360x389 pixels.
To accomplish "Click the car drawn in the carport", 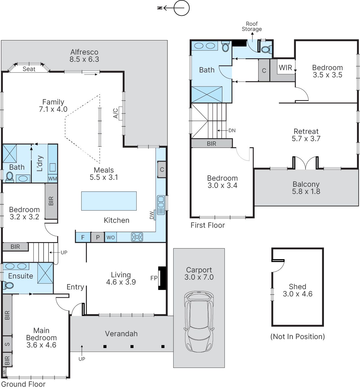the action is pyautogui.click(x=199, y=322).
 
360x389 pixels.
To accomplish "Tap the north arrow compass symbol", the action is pyautogui.click(x=174, y=8).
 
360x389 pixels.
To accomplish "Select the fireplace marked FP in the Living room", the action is pyautogui.click(x=162, y=278).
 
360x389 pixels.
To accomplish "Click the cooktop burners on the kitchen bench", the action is pyautogui.click(x=137, y=237).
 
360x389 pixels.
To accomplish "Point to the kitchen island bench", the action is pyautogui.click(x=109, y=201).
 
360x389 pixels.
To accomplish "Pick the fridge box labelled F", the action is pyautogui.click(x=83, y=237).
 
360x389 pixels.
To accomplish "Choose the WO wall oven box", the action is pyautogui.click(x=111, y=237).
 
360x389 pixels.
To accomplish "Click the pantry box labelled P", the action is pyautogui.click(x=98, y=237).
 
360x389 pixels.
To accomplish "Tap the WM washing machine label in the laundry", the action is pyautogui.click(x=53, y=179).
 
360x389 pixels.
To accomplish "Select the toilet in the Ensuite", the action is pyautogui.click(x=8, y=285).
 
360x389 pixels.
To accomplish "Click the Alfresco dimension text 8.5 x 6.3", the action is pyautogui.click(x=84, y=59).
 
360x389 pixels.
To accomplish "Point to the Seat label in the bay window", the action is pyautogui.click(x=29, y=69).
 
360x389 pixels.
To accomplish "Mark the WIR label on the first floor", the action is pyautogui.click(x=285, y=68).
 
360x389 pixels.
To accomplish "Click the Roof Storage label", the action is pyautogui.click(x=252, y=27).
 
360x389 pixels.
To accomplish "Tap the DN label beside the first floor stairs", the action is pyautogui.click(x=232, y=130).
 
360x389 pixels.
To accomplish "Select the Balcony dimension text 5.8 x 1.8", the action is pyautogui.click(x=306, y=191).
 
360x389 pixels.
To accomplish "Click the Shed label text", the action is pyautogui.click(x=297, y=287).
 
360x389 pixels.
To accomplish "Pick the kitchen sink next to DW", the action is pyautogui.click(x=161, y=205).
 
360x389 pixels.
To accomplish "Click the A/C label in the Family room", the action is pyautogui.click(x=116, y=113).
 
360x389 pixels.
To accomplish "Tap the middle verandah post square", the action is pyautogui.click(x=132, y=347).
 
